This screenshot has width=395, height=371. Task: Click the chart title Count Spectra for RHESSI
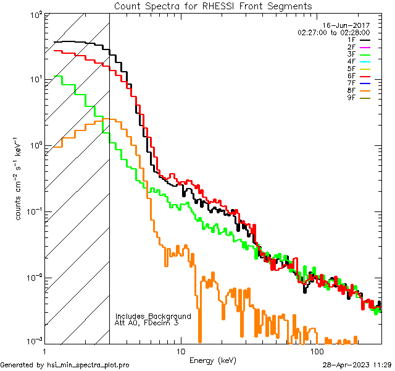(x=213, y=6)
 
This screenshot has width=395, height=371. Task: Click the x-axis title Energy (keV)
(x=212, y=360)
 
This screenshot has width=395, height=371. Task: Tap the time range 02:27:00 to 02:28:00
(x=333, y=32)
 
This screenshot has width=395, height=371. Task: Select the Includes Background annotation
(x=153, y=316)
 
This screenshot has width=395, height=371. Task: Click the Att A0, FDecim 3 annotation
(x=147, y=323)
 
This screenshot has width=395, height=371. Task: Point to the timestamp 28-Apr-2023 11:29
(x=357, y=365)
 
